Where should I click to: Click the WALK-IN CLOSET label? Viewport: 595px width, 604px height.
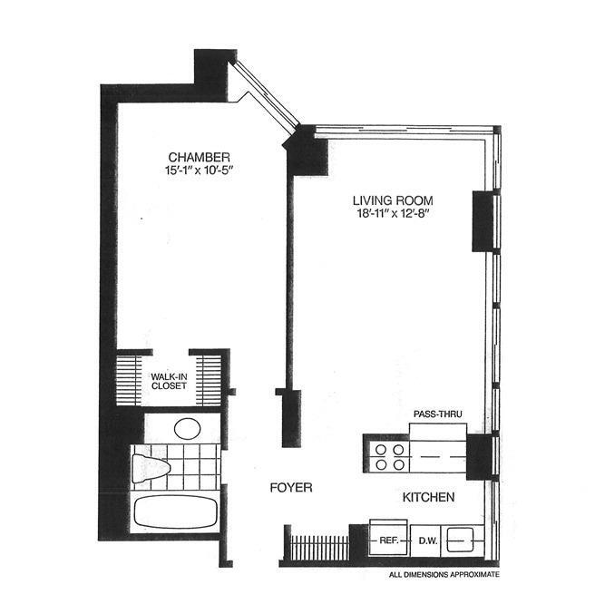point(169,381)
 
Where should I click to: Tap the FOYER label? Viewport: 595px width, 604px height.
point(291,488)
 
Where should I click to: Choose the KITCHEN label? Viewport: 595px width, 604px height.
point(429,499)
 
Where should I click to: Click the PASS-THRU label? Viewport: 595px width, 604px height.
point(439,415)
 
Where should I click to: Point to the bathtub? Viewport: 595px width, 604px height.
point(177,510)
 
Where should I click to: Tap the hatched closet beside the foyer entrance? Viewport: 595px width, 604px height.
point(318,547)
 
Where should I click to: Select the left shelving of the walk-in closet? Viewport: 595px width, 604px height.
point(132,378)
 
